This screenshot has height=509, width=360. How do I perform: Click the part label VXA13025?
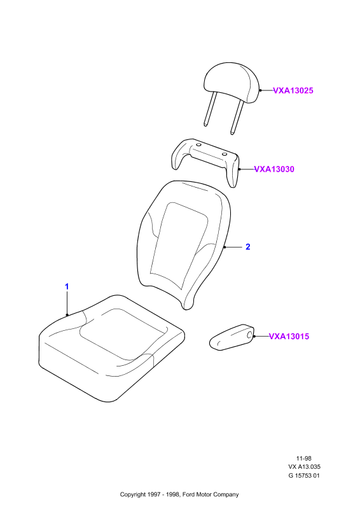click(293, 90)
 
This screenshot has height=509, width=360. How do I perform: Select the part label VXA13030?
click(274, 169)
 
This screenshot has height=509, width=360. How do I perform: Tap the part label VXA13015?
click(289, 337)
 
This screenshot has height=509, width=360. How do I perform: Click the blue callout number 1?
click(67, 287)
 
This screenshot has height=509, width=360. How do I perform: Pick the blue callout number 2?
click(248, 247)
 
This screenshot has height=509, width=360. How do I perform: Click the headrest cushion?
click(232, 83)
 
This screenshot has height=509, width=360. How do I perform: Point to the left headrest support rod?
click(209, 109)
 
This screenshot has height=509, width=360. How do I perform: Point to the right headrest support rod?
click(237, 117)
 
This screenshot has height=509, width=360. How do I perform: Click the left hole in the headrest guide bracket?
click(198, 145)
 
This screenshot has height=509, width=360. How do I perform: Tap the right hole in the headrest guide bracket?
click(224, 153)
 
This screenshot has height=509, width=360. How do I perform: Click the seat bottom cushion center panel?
click(123, 333)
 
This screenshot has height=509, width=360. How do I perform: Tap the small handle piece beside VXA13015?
click(232, 337)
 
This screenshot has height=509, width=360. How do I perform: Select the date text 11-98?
click(304, 458)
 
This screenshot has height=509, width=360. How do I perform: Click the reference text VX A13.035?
click(304, 467)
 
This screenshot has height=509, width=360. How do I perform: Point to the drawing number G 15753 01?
click(304, 475)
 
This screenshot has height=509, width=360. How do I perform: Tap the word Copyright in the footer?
click(133, 495)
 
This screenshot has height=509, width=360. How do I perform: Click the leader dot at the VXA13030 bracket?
click(239, 169)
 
